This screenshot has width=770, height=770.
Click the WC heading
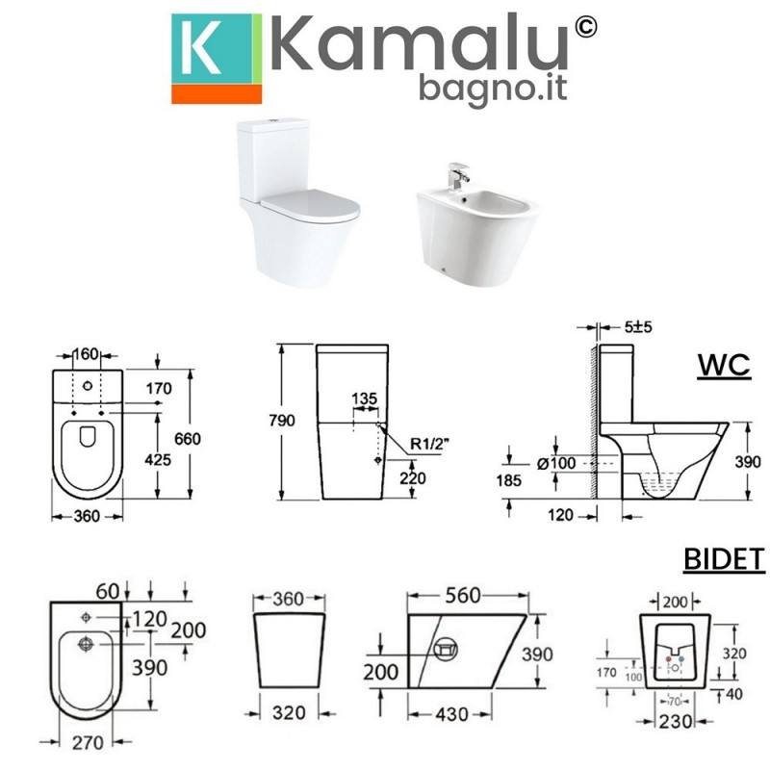tap(724, 365)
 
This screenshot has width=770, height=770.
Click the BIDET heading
tap(725, 559)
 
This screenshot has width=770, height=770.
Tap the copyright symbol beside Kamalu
tap(585, 27)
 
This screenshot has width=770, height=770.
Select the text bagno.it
tap(493, 88)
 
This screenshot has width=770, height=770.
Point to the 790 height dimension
tap(282, 421)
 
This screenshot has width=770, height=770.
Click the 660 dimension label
tap(188, 439)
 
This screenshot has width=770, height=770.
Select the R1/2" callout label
tap(430, 444)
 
